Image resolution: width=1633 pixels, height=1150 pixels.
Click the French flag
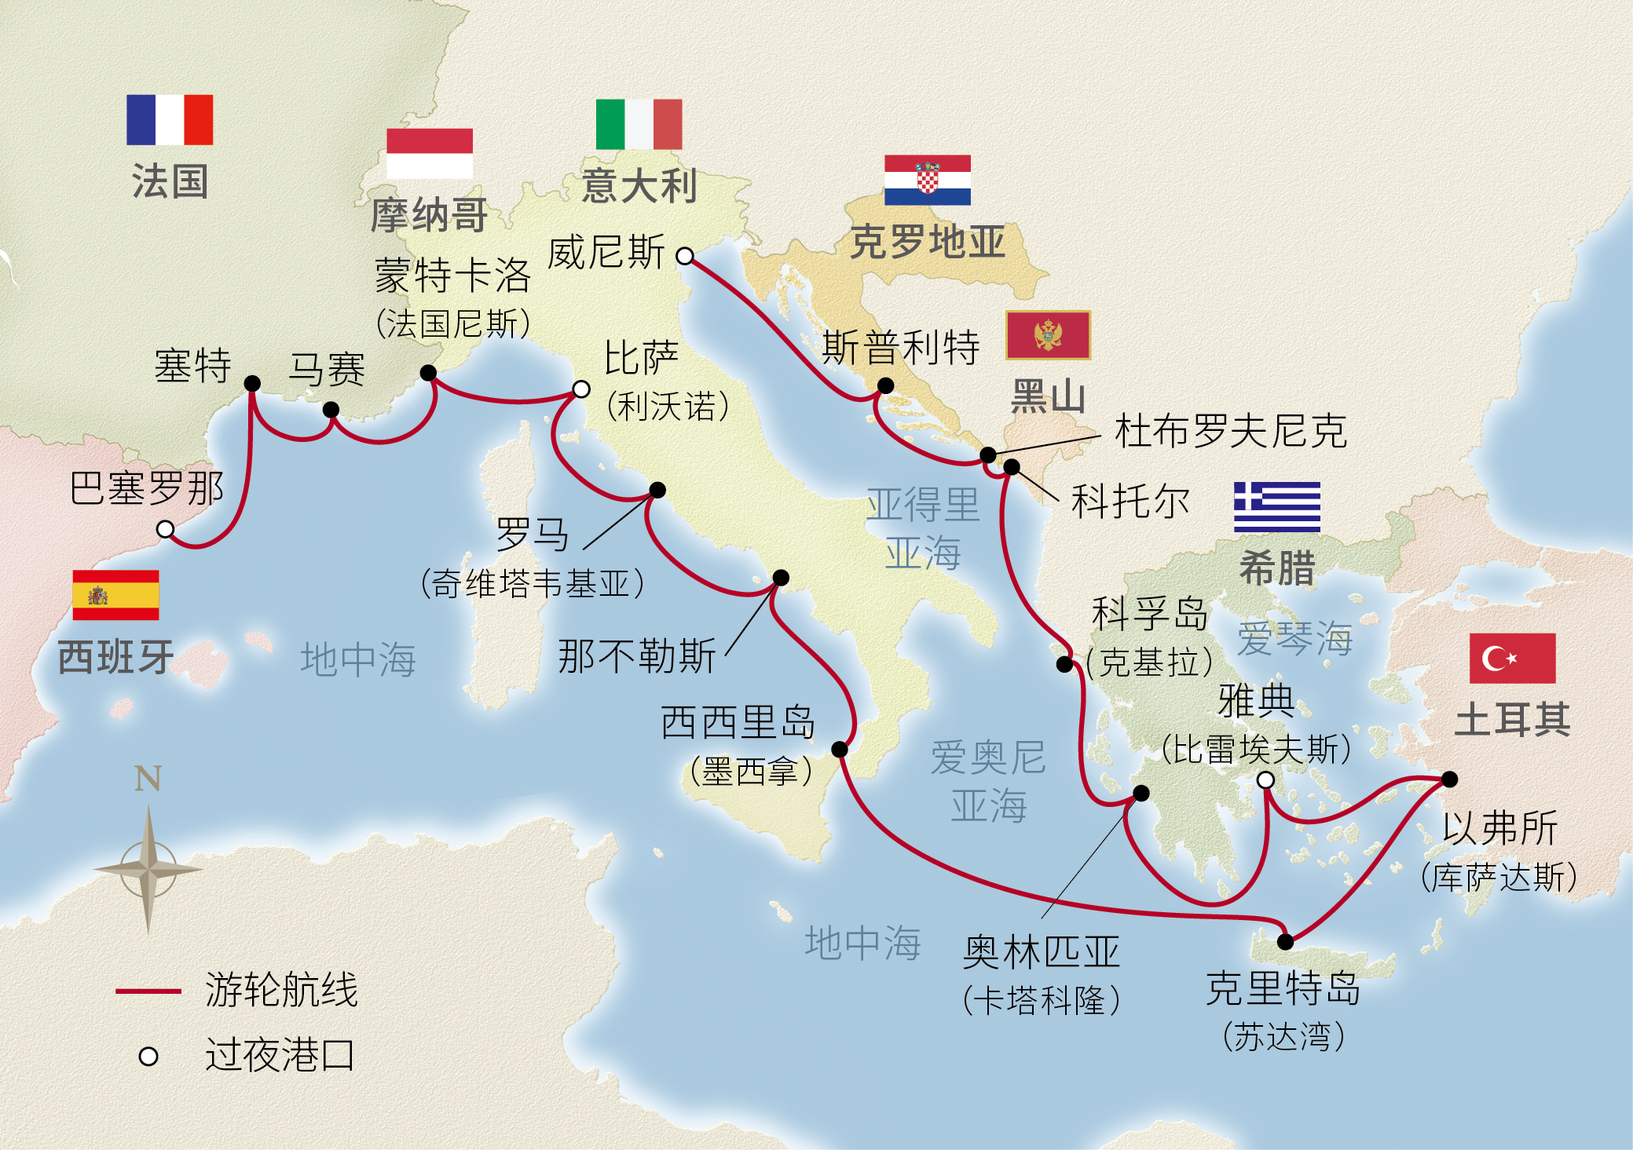(x=170, y=120)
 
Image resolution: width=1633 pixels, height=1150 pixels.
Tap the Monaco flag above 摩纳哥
(x=430, y=153)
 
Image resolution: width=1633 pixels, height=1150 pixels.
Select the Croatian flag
(x=927, y=180)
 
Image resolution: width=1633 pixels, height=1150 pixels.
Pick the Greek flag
(x=1276, y=506)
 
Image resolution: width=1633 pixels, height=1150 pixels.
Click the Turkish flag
(x=1512, y=658)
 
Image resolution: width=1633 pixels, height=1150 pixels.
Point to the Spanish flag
(x=115, y=595)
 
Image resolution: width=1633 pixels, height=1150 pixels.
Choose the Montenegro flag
(x=1048, y=335)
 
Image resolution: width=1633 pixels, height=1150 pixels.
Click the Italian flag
(x=639, y=124)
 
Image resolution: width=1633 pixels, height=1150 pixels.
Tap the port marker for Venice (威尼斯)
(x=685, y=256)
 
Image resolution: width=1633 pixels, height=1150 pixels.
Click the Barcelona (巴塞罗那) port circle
(x=165, y=529)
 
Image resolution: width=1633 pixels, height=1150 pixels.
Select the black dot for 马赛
(x=331, y=410)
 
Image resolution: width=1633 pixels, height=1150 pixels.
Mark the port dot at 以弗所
(x=1449, y=779)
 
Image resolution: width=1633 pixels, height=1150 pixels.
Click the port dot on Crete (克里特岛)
(x=1285, y=941)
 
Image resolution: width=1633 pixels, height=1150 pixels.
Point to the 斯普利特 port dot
(x=885, y=385)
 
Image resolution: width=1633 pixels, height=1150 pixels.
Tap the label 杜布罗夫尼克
(x=1231, y=431)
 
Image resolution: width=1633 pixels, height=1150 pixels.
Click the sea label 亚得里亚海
(x=923, y=528)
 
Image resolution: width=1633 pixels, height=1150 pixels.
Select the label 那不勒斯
(x=637, y=656)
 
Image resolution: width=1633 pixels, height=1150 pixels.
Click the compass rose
(x=148, y=869)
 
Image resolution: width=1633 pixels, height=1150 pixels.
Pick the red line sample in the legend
(x=148, y=991)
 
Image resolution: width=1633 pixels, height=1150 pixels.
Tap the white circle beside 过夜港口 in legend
(x=148, y=1057)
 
